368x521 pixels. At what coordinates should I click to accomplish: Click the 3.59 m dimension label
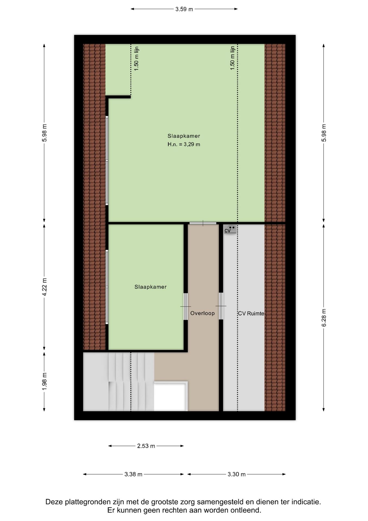pos(184,9)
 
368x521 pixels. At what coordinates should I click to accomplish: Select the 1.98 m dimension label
pos(45,381)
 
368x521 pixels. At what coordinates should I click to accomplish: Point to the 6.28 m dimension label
pos(324,318)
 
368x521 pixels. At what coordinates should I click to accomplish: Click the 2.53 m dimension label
pos(146,446)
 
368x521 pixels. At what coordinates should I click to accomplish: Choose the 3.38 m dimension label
pos(133,474)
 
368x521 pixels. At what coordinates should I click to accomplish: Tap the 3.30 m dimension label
pos(237,474)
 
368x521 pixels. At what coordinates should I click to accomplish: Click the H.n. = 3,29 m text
pos(184,144)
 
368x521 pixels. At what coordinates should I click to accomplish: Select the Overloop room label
pos(202,313)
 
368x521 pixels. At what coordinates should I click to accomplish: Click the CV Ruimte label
pos(251,313)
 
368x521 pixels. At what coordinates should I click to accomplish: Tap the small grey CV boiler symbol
pos(230,230)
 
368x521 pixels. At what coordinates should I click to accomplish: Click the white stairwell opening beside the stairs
pos(171,396)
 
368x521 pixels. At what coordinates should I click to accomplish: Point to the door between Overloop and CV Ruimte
pos(221,306)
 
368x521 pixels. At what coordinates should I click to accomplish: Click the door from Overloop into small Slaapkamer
pos(186,307)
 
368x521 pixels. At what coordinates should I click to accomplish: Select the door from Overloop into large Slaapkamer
pos(203,223)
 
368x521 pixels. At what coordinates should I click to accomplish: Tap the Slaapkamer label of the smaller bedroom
pos(150,287)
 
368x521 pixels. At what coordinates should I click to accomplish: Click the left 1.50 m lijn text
pos(137,59)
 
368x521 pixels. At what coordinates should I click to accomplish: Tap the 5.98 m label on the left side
pos(45,133)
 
